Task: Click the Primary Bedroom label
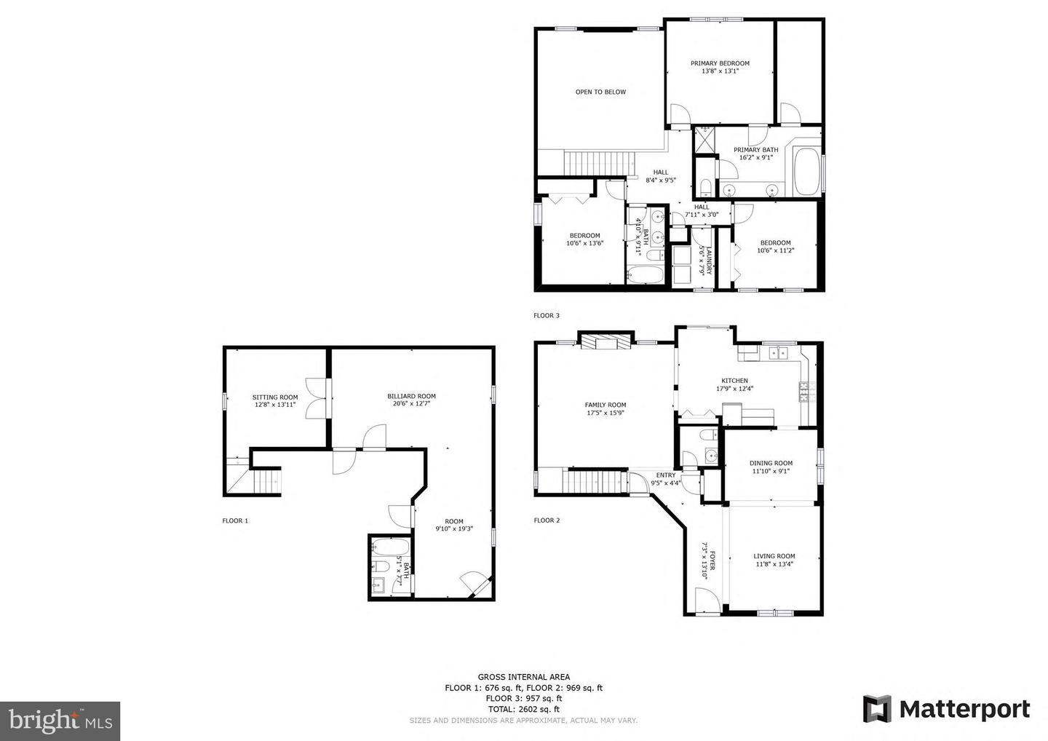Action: click(x=720, y=63)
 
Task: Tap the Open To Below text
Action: click(x=600, y=92)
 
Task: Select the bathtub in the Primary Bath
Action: click(x=807, y=172)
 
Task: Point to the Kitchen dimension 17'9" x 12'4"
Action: click(x=734, y=388)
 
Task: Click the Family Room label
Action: click(x=606, y=405)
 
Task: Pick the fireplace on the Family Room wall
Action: click(x=606, y=341)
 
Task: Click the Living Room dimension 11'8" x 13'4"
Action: click(x=774, y=564)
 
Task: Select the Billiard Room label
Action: click(x=411, y=396)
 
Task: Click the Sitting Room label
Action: click(x=275, y=397)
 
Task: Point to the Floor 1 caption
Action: click(x=235, y=520)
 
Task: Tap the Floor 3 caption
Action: click(x=547, y=316)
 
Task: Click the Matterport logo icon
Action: click(x=877, y=709)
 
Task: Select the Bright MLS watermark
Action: click(x=60, y=721)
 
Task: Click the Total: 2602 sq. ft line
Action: click(x=523, y=709)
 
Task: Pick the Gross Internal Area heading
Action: click(x=523, y=677)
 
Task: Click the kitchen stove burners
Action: click(x=807, y=392)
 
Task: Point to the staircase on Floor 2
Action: click(x=595, y=481)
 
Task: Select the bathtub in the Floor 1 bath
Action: click(x=390, y=547)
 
